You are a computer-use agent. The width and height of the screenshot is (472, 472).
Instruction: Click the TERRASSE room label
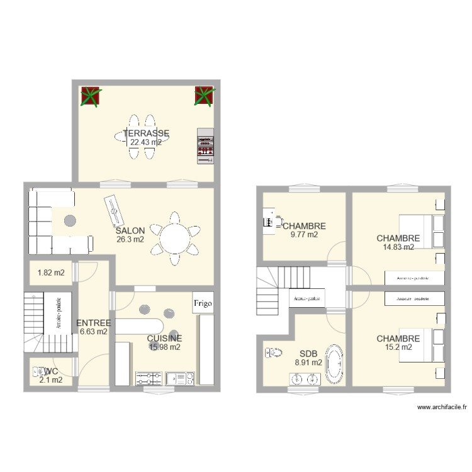(145, 133)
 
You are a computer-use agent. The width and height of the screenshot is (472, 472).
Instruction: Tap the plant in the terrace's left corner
(91, 96)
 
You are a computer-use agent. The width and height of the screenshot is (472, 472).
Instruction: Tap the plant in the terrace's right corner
(205, 96)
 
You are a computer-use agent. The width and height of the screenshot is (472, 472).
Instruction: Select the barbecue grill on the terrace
(205, 147)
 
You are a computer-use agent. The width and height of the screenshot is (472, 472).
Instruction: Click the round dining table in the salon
(177, 239)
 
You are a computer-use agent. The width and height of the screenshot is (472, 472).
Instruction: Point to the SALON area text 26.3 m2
(130, 240)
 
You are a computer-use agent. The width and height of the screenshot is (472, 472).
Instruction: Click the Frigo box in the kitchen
(203, 303)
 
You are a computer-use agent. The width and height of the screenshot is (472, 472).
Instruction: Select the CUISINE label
(164, 338)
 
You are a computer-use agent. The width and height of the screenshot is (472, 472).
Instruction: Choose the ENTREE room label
(93, 323)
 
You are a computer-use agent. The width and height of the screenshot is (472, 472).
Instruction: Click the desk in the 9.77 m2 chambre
(269, 221)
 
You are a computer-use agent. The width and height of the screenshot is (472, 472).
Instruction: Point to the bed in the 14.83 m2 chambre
(419, 231)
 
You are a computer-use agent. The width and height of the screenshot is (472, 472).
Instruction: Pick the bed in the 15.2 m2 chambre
(419, 344)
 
